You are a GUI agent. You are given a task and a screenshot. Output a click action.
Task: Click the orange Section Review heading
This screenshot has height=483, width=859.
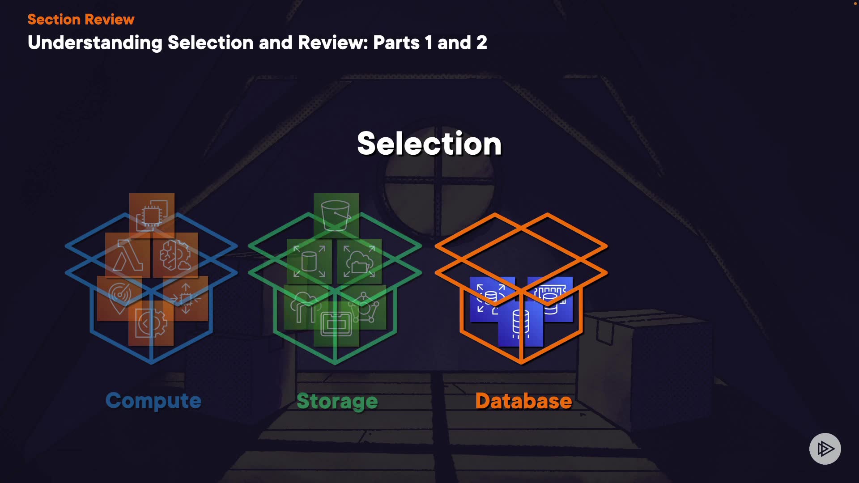click(x=81, y=19)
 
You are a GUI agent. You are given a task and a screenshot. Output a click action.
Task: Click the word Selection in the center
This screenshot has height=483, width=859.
click(x=429, y=144)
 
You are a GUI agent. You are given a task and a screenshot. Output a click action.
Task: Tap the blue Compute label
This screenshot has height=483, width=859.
click(x=153, y=401)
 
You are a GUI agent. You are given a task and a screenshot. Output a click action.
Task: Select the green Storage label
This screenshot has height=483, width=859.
click(x=337, y=401)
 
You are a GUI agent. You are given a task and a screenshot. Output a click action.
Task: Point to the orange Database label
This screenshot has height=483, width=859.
click(x=523, y=401)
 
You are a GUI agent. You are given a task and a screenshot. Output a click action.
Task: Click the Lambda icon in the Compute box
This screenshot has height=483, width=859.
click(x=128, y=255)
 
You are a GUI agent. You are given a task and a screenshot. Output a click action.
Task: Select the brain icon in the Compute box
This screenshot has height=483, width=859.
click(x=175, y=255)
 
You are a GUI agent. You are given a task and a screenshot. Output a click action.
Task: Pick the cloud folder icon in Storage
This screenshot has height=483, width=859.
click(x=359, y=262)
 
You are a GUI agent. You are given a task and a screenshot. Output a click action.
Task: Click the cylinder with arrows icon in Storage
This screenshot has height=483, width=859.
click(x=309, y=262)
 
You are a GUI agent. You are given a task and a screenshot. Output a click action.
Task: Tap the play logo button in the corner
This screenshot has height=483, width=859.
click(x=825, y=449)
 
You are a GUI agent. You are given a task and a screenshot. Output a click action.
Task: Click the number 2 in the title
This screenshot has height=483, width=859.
click(x=481, y=43)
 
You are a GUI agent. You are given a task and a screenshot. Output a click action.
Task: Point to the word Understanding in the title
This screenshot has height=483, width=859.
click(x=95, y=43)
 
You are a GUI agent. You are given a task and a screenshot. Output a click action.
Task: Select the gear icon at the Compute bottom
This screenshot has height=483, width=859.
click(x=151, y=323)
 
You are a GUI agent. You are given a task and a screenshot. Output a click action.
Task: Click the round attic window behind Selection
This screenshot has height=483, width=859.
click(x=439, y=197)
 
